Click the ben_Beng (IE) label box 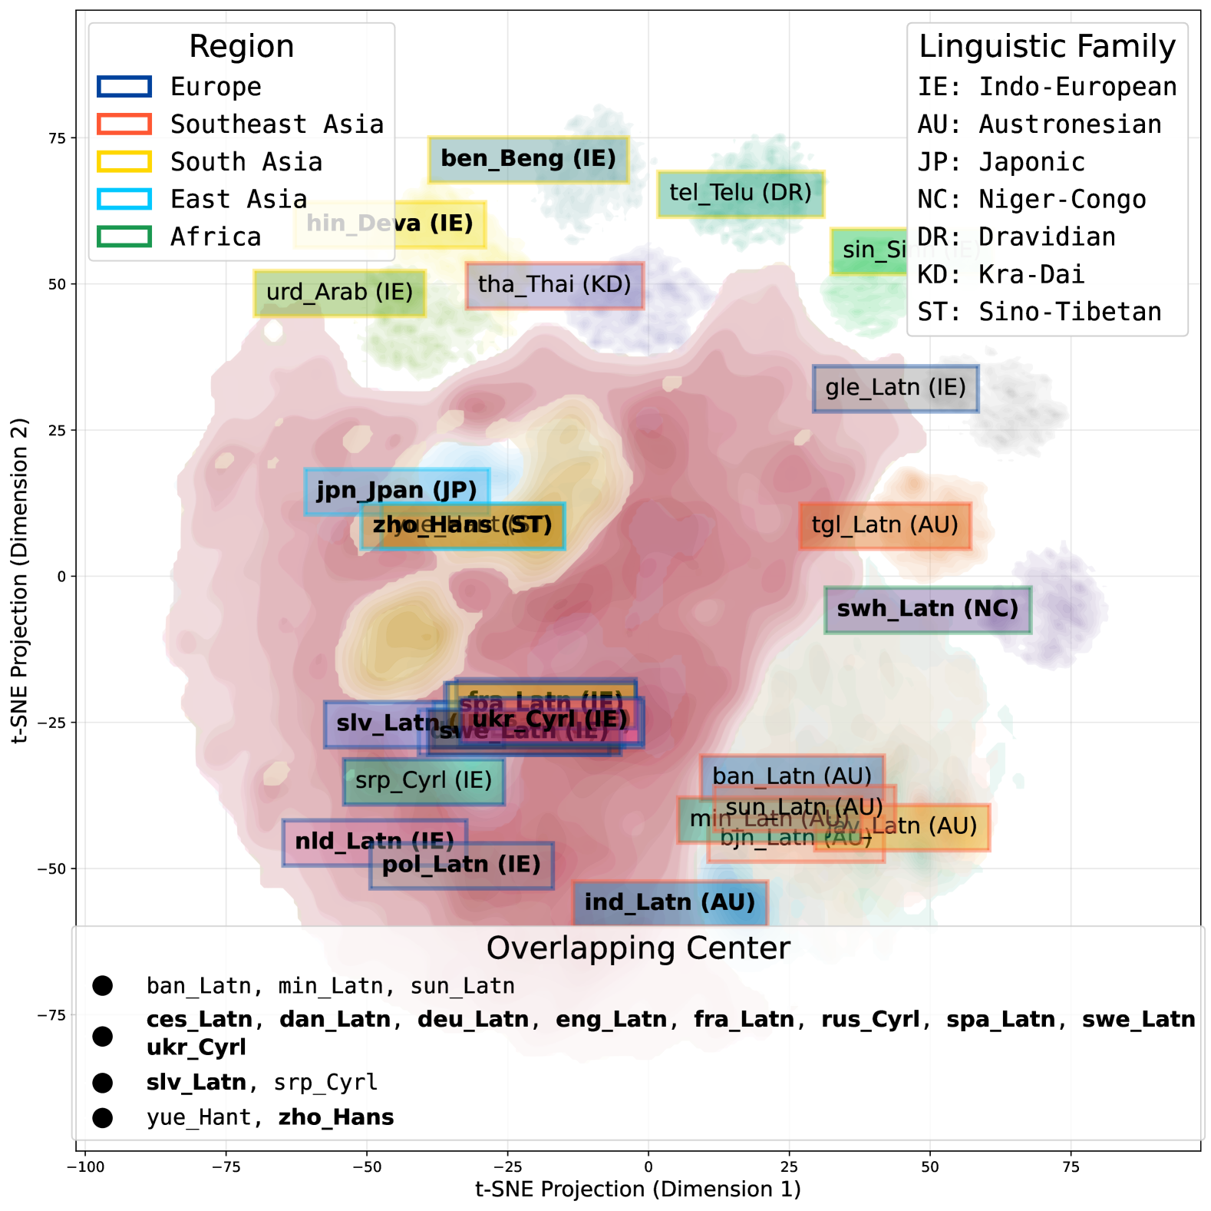[x=528, y=160]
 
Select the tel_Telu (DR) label [x=740, y=194]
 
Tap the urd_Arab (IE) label [x=339, y=293]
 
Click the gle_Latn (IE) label [x=895, y=389]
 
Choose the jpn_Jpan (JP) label [x=396, y=491]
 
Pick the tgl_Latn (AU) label [x=884, y=526]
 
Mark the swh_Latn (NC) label [x=927, y=610]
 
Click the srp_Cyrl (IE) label [x=423, y=782]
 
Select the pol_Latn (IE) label [x=460, y=866]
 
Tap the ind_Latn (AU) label [x=669, y=903]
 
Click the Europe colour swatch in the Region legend [x=124, y=87]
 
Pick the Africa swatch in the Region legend [x=124, y=237]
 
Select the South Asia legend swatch [x=124, y=162]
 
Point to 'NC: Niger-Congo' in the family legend [x=1031, y=200]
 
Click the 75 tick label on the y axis [x=57, y=138]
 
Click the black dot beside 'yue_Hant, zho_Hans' [x=102, y=1118]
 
